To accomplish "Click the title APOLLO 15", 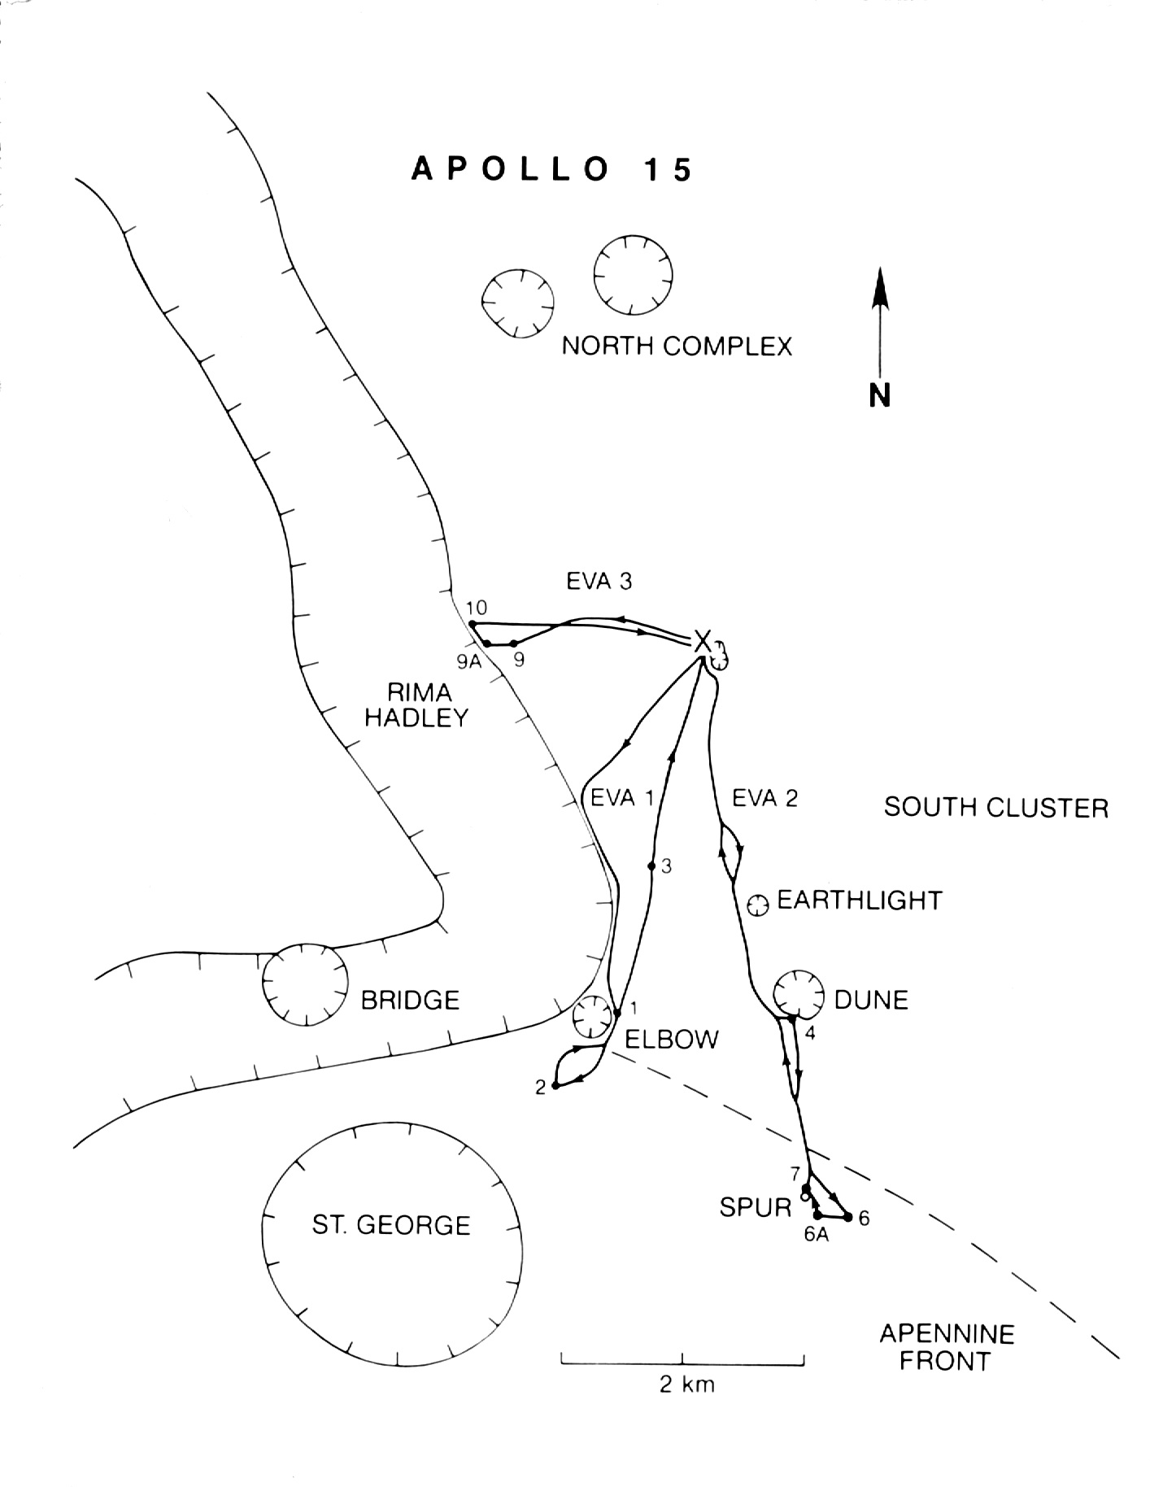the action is point(551,169).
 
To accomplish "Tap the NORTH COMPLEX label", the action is point(677,346).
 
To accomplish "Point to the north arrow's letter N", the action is point(879,395).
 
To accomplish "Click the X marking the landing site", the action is point(703,641).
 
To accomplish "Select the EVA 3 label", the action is point(599,581).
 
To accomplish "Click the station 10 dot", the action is point(473,624).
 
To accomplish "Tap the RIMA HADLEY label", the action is point(417,704).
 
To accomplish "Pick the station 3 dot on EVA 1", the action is point(651,866).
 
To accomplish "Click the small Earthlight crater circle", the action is point(758,904).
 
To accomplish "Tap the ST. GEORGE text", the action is point(391,1225).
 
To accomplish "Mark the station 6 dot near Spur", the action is point(848,1217).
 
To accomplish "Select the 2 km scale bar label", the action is point(687,1384).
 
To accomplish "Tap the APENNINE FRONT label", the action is point(947,1347).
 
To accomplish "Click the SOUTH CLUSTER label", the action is point(996,808).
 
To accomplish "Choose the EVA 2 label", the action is point(764,798).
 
